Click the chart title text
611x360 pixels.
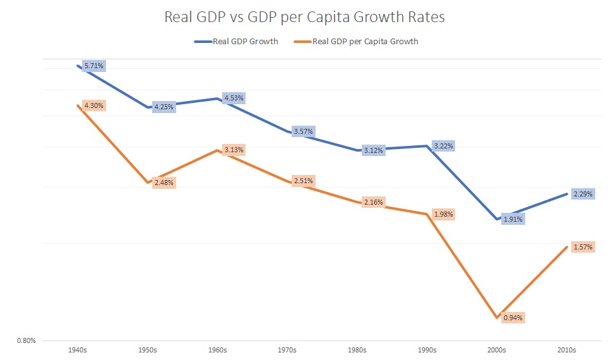click(304, 17)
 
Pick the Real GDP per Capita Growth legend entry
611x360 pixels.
click(358, 42)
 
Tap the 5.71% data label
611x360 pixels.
click(93, 66)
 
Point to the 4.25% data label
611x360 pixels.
click(163, 107)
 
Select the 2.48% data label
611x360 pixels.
click(163, 183)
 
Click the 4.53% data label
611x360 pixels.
click(234, 98)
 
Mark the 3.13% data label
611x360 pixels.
click(234, 150)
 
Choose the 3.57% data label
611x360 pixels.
click(304, 131)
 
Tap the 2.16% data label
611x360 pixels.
click(373, 202)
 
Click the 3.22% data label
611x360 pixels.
click(443, 146)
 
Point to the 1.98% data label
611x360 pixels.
click(443, 214)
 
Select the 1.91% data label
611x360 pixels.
click(513, 219)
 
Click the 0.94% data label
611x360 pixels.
click(513, 317)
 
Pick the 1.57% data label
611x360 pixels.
click(583, 247)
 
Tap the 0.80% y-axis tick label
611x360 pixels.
click(26, 341)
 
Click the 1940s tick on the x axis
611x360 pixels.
click(77, 349)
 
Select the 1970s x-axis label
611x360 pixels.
click(287, 349)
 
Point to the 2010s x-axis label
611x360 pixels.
click(566, 349)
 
